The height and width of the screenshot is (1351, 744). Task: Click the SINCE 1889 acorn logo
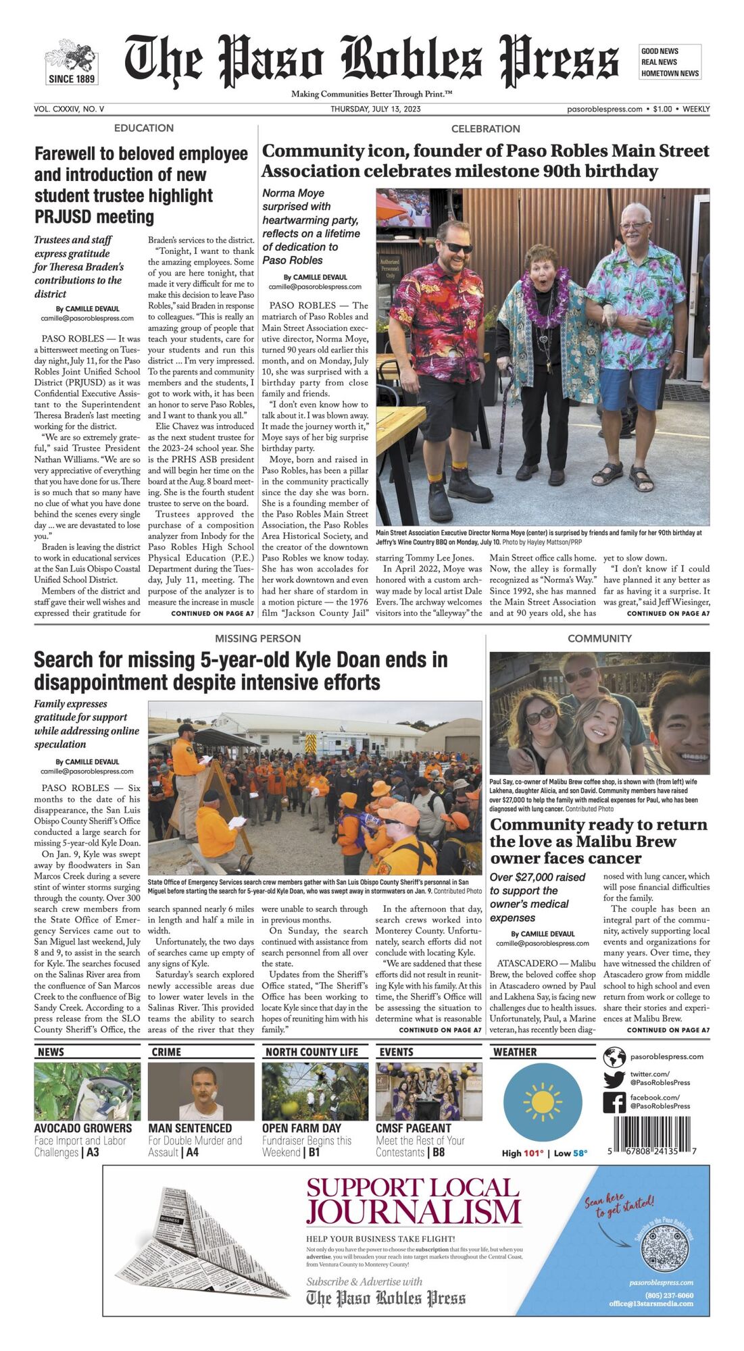(x=71, y=61)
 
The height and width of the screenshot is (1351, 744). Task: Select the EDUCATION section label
(x=143, y=128)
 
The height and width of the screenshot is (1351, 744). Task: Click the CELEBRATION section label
(x=485, y=128)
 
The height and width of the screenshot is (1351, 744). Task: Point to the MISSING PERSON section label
(x=257, y=638)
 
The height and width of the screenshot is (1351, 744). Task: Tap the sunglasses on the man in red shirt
(x=457, y=247)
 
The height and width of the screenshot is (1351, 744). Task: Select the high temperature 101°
(x=531, y=1153)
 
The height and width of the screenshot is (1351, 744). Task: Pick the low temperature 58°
(x=579, y=1153)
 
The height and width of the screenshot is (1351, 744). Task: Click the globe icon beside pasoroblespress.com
(x=614, y=1056)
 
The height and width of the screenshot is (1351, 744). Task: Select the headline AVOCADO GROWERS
(x=83, y=1128)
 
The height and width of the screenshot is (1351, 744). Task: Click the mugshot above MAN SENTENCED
(x=201, y=1092)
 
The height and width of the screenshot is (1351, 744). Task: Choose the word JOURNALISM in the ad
(x=414, y=1212)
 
